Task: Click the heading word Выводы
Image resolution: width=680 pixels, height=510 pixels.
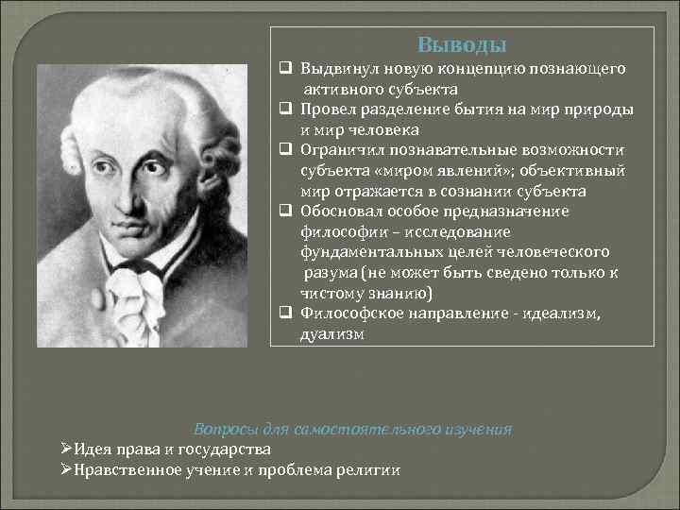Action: (x=462, y=44)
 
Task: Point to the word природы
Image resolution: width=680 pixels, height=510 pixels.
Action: (x=598, y=110)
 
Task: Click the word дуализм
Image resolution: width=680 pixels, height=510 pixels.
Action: (x=331, y=333)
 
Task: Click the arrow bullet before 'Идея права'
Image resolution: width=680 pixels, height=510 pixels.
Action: (x=66, y=449)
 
